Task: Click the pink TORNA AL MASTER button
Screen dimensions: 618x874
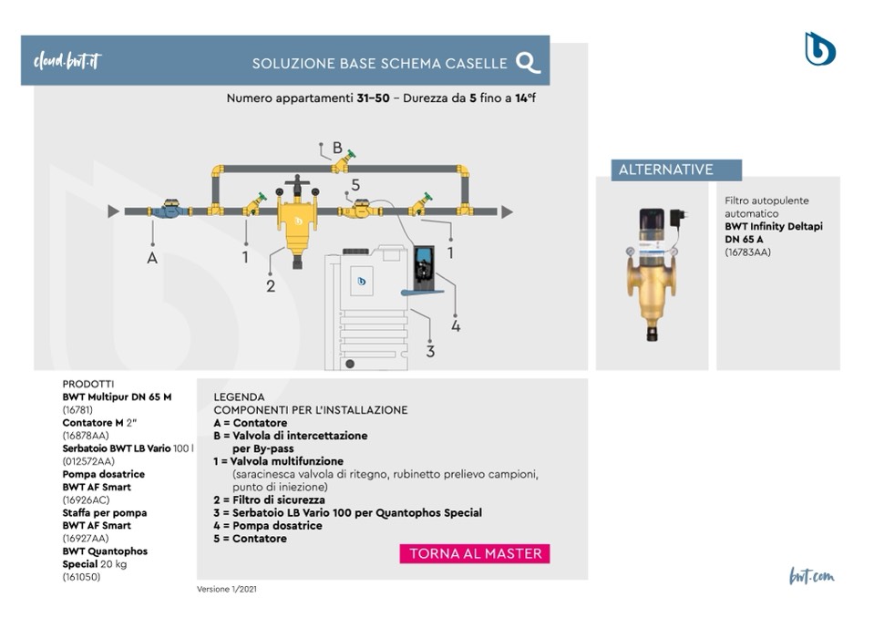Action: (x=475, y=553)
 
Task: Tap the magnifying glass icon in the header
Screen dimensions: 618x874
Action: (x=528, y=62)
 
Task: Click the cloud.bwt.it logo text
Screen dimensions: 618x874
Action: (x=67, y=61)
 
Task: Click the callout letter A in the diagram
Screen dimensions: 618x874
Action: (x=152, y=258)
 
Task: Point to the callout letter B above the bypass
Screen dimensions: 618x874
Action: (x=337, y=148)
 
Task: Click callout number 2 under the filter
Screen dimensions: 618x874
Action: (x=271, y=286)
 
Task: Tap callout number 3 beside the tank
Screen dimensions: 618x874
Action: (x=430, y=350)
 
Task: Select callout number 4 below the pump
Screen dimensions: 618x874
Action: (x=456, y=325)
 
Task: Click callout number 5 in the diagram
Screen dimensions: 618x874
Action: (x=355, y=185)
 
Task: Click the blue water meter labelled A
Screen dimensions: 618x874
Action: (x=171, y=210)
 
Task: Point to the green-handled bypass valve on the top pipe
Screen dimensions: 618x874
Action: (x=344, y=162)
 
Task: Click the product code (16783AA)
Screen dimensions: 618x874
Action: (x=748, y=252)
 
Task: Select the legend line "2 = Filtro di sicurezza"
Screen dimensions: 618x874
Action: (x=269, y=500)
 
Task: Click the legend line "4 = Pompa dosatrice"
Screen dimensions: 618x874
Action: (x=267, y=525)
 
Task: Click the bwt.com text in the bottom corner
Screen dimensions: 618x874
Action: (x=811, y=576)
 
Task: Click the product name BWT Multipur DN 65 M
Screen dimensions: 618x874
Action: (x=117, y=397)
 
